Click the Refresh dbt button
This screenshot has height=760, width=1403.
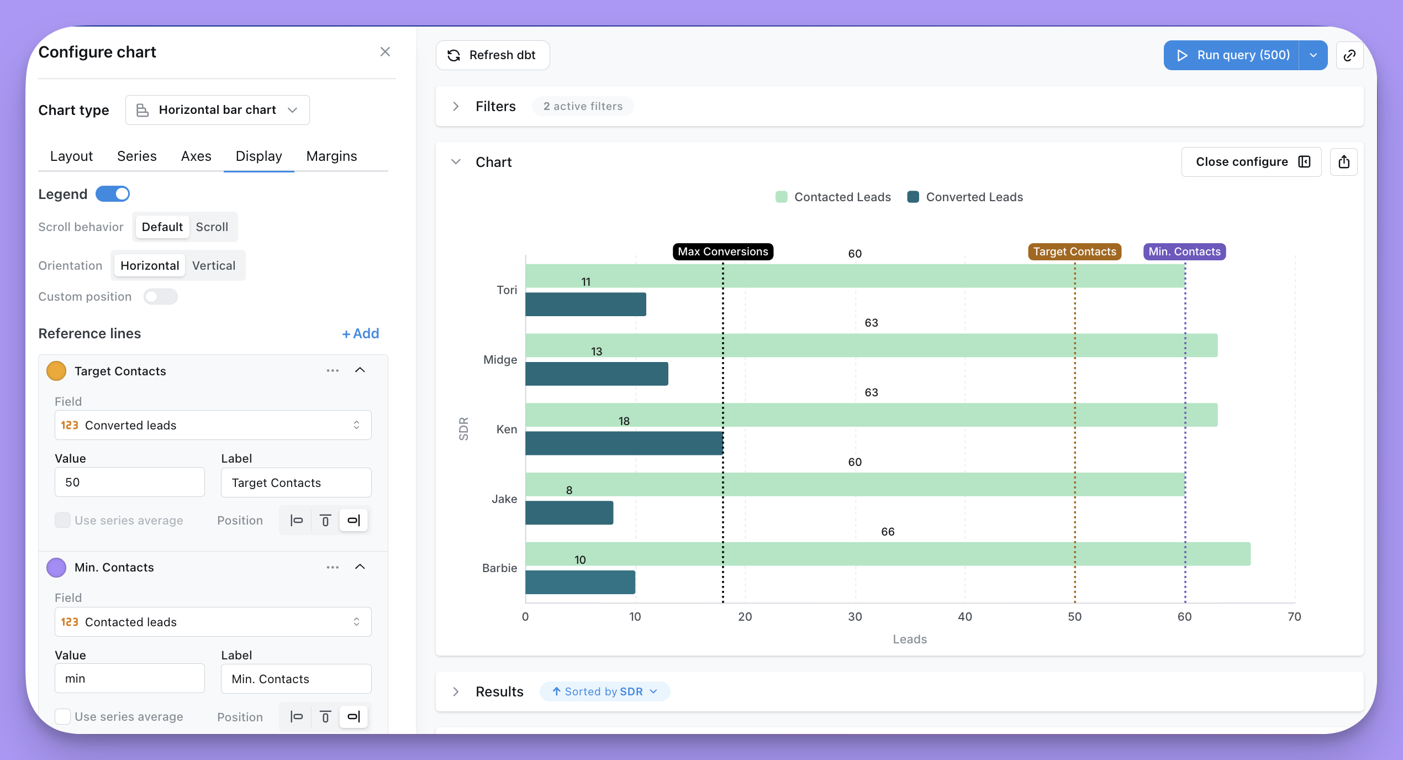click(492, 55)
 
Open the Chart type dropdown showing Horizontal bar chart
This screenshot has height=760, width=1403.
click(217, 110)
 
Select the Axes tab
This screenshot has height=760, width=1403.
click(196, 156)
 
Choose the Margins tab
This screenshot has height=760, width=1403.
click(331, 156)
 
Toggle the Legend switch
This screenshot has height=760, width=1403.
click(113, 194)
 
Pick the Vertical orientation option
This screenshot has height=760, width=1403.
click(214, 266)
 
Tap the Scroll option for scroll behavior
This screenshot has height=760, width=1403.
click(212, 227)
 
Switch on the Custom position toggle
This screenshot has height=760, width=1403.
click(161, 297)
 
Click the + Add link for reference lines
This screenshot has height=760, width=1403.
click(361, 334)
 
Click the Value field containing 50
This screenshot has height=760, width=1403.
click(130, 483)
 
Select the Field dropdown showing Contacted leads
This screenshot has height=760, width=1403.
click(213, 622)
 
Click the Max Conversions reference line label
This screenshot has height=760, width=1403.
click(723, 251)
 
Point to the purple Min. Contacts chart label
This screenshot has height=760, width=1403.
click(1184, 251)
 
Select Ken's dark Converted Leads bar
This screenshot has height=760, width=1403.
click(624, 443)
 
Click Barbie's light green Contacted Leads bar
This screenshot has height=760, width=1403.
click(888, 554)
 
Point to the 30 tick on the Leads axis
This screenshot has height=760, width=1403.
click(855, 617)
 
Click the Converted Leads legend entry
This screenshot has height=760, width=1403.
click(965, 197)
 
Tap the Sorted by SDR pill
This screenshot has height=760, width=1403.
click(604, 692)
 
